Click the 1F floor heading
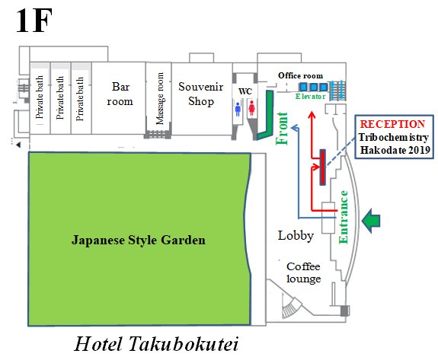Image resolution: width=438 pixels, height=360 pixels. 34,21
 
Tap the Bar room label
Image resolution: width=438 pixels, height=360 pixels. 120,94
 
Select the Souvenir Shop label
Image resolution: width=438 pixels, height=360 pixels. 201,94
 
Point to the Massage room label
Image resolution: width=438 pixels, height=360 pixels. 159,98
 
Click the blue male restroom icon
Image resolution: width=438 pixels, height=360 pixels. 238,109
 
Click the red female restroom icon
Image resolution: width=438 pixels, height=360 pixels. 251,108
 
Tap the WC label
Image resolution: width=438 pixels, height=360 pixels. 245,91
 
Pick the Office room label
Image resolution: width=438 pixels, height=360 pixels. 301,75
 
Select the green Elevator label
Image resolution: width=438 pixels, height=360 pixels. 310,97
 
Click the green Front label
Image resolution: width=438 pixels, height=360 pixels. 282,129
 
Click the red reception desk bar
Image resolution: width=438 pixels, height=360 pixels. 323,167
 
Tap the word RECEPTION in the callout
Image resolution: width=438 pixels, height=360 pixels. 392,124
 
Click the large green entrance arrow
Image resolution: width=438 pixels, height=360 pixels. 371,221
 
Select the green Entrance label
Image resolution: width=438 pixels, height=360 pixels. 344,217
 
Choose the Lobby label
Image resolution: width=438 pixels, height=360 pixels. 296,236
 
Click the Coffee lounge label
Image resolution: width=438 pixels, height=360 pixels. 304,272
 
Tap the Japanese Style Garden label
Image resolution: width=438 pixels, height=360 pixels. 139,240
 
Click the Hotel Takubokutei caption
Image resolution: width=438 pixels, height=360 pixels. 156,343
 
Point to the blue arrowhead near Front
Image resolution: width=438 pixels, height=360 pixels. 295,128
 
